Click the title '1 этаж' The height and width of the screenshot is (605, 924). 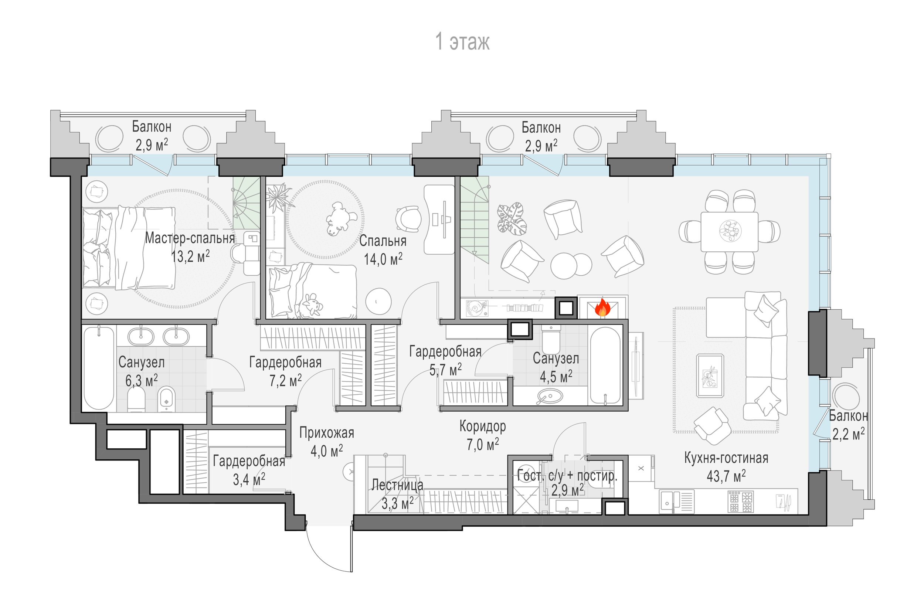[462, 41]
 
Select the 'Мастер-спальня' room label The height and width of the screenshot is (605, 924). [190, 238]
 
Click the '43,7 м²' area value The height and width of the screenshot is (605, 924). [726, 476]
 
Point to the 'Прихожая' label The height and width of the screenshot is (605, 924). [326, 432]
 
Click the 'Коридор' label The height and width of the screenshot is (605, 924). [483, 426]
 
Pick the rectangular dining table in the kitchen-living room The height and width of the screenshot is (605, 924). [729, 232]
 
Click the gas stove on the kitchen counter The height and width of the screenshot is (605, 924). [740, 502]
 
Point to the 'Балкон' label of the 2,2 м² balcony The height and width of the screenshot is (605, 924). [848, 416]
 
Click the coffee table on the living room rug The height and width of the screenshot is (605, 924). [710, 375]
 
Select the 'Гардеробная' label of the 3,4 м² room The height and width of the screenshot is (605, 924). [249, 461]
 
